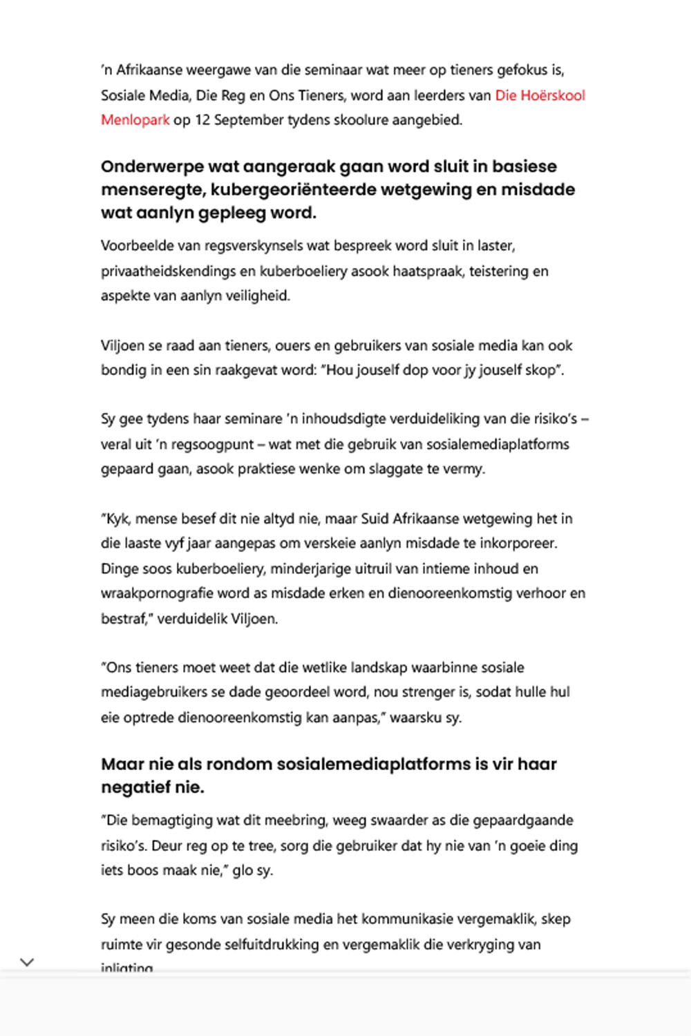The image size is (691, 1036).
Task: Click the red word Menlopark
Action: (x=135, y=120)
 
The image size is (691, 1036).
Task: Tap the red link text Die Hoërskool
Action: (x=540, y=95)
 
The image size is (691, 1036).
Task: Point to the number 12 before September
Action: (x=202, y=120)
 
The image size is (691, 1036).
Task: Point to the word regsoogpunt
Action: (x=215, y=445)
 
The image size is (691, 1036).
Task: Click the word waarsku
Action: (x=415, y=718)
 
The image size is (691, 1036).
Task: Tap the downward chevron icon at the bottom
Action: (x=27, y=962)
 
